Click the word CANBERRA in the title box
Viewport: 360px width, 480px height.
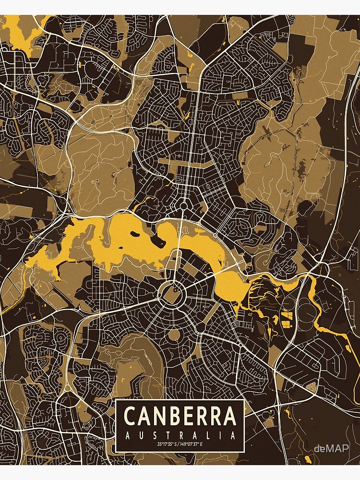point(180,416)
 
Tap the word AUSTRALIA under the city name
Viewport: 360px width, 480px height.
point(180,436)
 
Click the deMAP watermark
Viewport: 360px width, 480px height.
point(332,447)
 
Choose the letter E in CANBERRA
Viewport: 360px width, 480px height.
point(191,416)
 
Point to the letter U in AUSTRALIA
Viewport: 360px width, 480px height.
point(139,436)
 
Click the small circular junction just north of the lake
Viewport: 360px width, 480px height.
point(183,206)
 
